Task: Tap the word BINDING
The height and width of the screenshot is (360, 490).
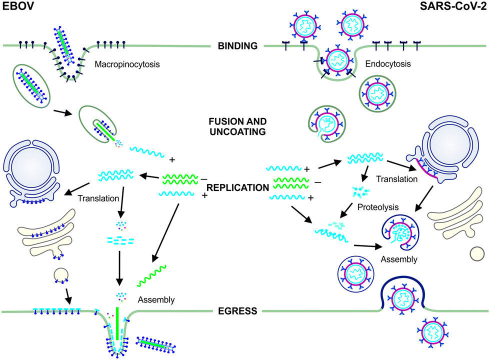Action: pyautogui.click(x=237, y=46)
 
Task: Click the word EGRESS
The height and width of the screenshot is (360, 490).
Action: pyautogui.click(x=237, y=311)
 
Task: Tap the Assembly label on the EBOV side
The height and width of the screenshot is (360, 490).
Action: pyautogui.click(x=157, y=300)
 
